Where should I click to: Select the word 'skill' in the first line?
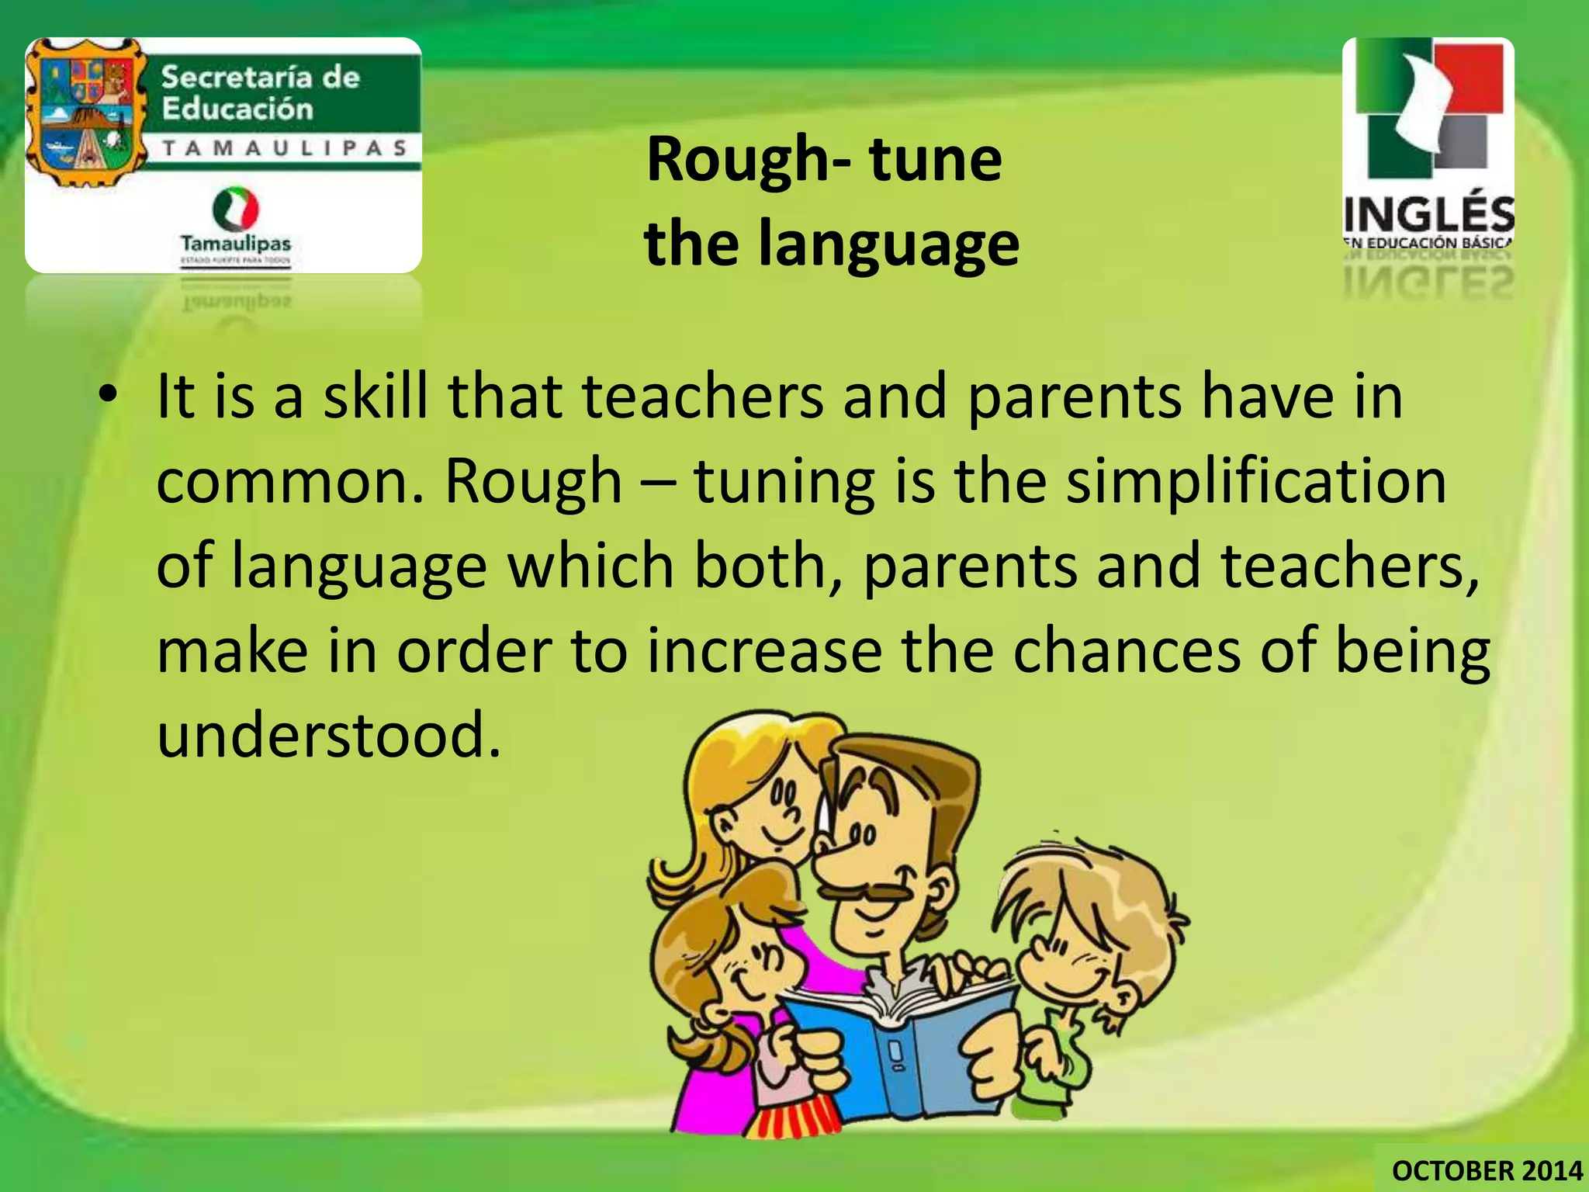(376, 397)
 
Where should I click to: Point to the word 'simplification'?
(1256, 481)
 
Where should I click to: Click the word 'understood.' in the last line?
(329, 735)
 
